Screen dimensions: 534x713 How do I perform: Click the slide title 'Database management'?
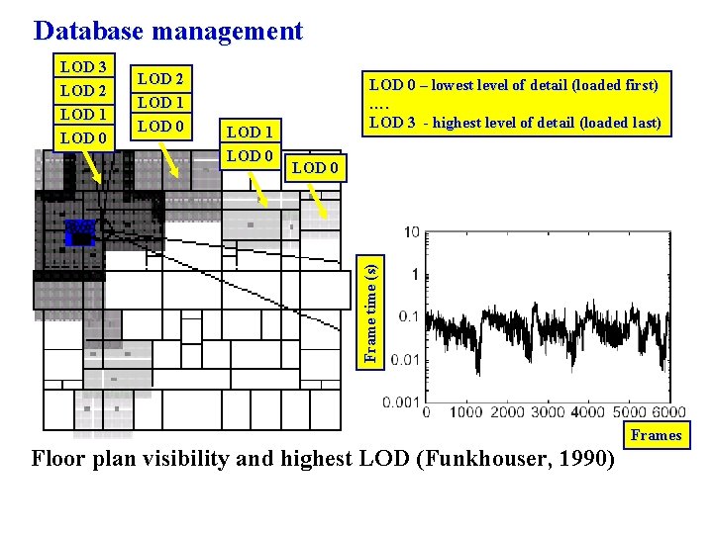[x=167, y=31]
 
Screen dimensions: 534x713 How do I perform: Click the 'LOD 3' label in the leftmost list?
[x=83, y=67]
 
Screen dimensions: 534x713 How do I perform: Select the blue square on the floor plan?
[x=79, y=232]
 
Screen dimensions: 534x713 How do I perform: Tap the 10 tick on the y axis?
[x=411, y=232]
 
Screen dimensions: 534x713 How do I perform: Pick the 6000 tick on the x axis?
[x=668, y=411]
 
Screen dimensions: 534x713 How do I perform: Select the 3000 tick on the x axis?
[x=548, y=411]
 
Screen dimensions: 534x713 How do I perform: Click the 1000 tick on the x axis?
[x=465, y=411]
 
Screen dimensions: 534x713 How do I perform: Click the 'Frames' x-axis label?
[x=656, y=435]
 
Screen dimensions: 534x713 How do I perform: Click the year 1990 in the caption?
[x=583, y=459]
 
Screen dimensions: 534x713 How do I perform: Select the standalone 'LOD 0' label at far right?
[x=315, y=167]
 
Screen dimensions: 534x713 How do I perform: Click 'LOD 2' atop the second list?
[x=159, y=78]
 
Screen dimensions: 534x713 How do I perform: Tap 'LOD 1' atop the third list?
[x=250, y=132]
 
